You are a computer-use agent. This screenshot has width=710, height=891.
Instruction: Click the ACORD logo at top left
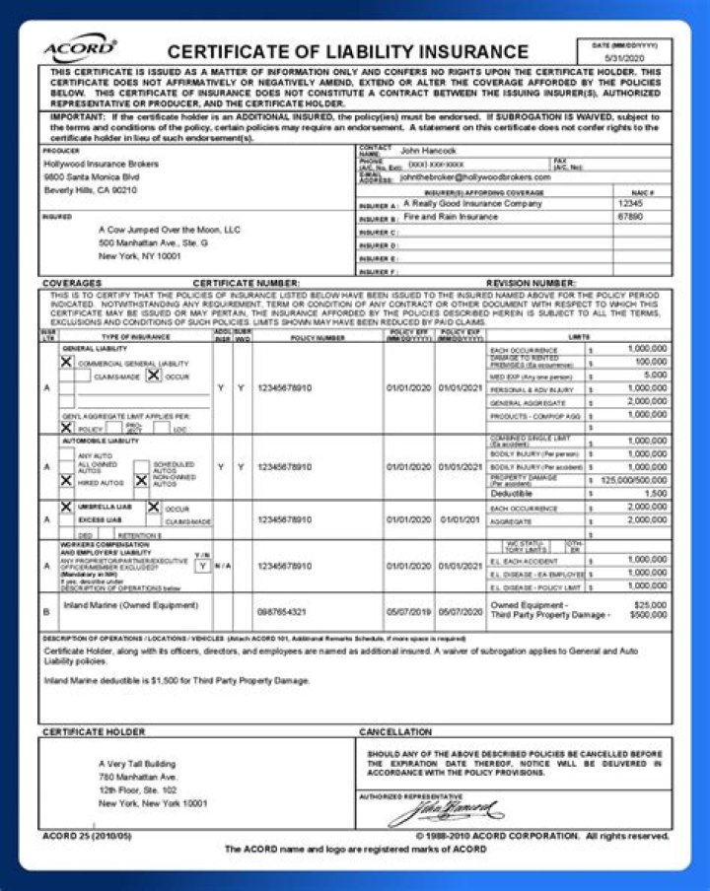pyautogui.click(x=80, y=48)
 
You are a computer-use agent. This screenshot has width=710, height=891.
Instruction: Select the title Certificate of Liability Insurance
pyautogui.click(x=347, y=52)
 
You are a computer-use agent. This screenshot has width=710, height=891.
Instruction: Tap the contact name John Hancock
pyautogui.click(x=424, y=150)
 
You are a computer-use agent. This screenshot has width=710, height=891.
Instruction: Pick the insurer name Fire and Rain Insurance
pyautogui.click(x=451, y=217)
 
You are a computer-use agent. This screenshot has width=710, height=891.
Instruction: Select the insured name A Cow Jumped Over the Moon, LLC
pyautogui.click(x=170, y=229)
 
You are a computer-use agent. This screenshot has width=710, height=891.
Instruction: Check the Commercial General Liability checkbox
pyautogui.click(x=67, y=363)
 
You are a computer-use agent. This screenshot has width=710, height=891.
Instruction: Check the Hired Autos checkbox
pyautogui.click(x=67, y=483)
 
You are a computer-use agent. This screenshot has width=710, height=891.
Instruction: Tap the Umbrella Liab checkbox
pyautogui.click(x=67, y=507)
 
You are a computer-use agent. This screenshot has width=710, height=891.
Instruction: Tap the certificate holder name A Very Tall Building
pyautogui.click(x=137, y=763)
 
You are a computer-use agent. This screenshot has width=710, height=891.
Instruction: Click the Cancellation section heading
pyautogui.click(x=395, y=732)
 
